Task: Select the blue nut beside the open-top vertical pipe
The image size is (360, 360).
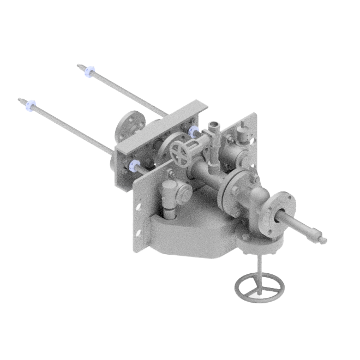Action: tap(194, 131)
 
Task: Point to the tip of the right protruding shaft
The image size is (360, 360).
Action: tap(323, 239)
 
